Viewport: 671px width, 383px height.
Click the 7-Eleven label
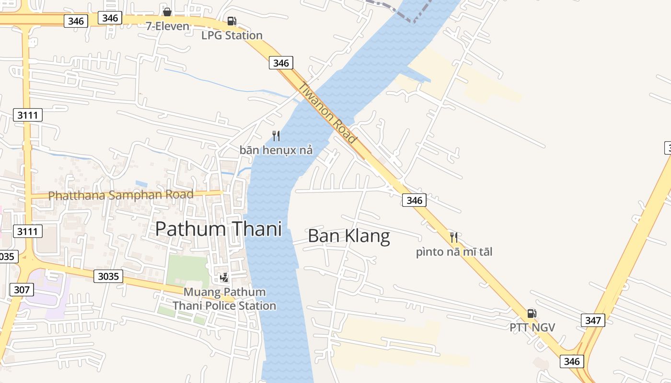168,26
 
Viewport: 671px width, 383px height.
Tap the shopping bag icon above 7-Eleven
167,12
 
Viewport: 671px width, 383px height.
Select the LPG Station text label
232,35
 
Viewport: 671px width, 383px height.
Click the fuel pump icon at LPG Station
231,21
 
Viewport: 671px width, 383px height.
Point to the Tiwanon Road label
328,113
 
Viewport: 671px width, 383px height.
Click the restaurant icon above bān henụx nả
276,136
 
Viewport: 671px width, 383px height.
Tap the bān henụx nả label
276,150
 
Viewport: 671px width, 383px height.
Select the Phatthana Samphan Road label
121,195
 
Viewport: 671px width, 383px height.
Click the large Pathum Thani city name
219,229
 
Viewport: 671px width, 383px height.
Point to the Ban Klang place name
349,236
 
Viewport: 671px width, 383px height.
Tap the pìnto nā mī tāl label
454,252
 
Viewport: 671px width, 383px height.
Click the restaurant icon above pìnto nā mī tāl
454,237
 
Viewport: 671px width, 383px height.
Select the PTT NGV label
532,327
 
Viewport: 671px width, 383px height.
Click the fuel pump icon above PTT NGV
532,314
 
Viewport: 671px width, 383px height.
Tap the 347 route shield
593,320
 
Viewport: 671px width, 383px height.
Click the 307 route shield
22,290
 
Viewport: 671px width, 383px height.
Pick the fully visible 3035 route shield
108,276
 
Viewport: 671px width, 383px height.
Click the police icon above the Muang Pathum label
224,277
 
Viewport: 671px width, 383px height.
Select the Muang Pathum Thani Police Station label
224,299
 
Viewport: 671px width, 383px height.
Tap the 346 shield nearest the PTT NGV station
572,361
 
